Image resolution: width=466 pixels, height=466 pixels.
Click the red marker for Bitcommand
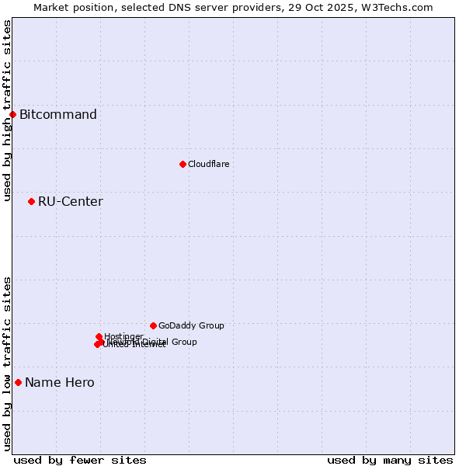(12, 115)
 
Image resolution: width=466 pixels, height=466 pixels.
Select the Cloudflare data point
(183, 164)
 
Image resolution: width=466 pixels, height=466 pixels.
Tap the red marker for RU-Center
(31, 202)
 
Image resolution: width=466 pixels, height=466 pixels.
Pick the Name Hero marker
(18, 382)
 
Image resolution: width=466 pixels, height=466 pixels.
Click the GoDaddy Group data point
(153, 325)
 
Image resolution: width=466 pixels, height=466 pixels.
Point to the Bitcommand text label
(58, 115)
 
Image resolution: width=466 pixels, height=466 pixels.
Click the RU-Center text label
(70, 202)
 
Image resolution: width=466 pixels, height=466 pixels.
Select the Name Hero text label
(60, 382)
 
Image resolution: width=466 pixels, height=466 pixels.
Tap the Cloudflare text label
(208, 164)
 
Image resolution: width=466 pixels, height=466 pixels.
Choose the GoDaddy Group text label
(191, 325)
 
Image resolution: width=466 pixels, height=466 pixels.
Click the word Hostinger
(123, 336)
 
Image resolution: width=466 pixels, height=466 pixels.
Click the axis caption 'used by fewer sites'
(80, 460)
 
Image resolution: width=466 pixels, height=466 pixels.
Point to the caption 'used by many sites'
(390, 460)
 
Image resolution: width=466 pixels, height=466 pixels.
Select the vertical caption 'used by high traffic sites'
(8, 111)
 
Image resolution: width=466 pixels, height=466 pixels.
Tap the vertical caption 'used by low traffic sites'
(8, 363)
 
